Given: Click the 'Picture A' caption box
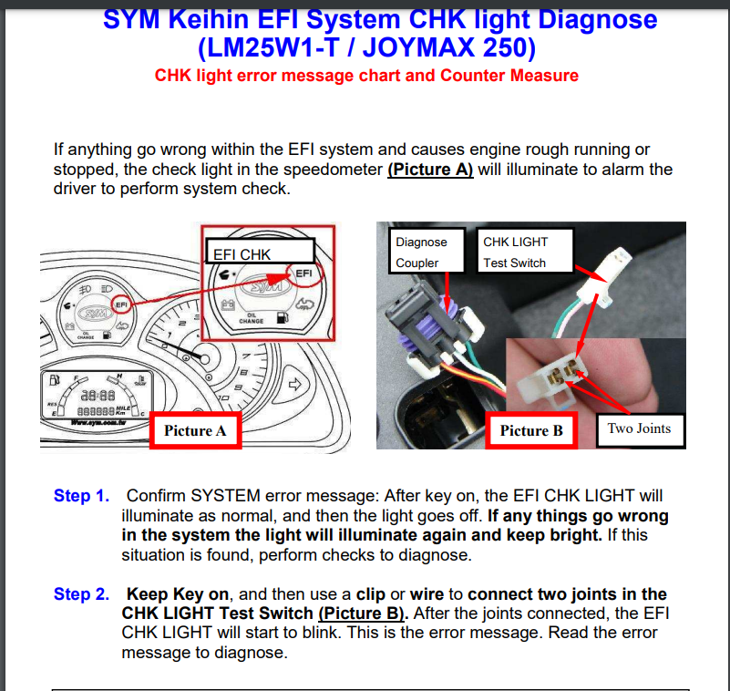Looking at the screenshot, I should pyautogui.click(x=195, y=430).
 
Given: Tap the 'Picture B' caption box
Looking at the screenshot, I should pyautogui.click(x=531, y=430).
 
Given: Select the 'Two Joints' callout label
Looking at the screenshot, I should pyautogui.click(x=639, y=428).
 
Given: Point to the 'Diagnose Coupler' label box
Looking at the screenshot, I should pyautogui.click(x=422, y=253).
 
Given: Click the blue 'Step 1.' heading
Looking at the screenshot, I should pyautogui.click(x=81, y=496).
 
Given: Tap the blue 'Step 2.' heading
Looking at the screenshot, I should pyautogui.click(x=81, y=594).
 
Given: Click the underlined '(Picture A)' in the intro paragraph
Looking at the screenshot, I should pyautogui.click(x=430, y=170).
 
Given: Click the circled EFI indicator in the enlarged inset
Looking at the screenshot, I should pyautogui.click(x=303, y=273).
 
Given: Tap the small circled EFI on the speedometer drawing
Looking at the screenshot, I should pyautogui.click(x=120, y=304).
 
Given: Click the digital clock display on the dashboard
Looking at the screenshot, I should pyautogui.click(x=98, y=395).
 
